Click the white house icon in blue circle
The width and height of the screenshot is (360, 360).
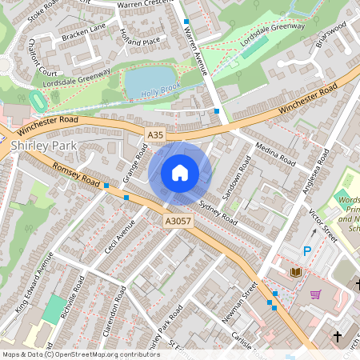tap(180, 172)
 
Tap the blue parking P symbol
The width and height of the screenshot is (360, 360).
tap(306, 252)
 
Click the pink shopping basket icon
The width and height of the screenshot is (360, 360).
tap(315, 294)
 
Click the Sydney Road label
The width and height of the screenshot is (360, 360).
tap(218, 210)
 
